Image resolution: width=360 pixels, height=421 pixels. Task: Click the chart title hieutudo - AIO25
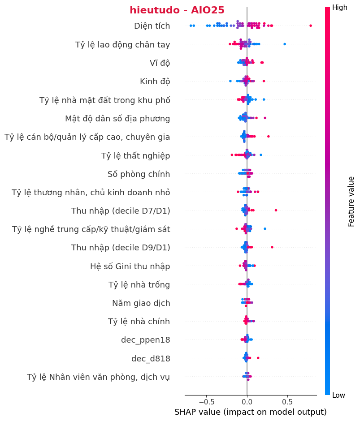tap(177, 10)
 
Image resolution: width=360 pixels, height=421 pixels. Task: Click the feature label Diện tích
tap(152, 26)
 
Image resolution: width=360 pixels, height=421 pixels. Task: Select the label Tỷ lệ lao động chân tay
tap(122, 44)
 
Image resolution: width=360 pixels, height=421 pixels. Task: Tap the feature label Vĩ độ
tap(160, 63)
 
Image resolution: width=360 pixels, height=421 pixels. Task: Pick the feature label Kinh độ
tap(155, 82)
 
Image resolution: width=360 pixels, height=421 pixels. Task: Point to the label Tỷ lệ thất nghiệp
tap(135, 156)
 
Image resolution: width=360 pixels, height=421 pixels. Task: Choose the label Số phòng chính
tap(139, 174)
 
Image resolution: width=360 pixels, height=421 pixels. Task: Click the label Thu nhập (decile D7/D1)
tap(121, 211)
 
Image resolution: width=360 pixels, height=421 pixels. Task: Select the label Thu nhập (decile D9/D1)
tap(121, 248)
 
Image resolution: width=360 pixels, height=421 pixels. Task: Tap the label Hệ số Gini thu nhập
tap(130, 266)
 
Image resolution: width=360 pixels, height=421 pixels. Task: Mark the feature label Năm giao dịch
tap(141, 303)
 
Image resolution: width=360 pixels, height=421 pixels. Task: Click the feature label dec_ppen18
tap(145, 340)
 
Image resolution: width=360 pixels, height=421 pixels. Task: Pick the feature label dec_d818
tap(150, 359)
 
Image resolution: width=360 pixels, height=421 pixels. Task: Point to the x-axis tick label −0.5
tap(206, 400)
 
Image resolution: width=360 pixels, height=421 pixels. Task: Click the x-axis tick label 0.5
tap(287, 400)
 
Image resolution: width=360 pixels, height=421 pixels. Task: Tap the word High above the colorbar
tap(339, 8)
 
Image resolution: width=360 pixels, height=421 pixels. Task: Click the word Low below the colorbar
tap(338, 395)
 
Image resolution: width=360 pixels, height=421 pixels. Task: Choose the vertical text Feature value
tap(351, 201)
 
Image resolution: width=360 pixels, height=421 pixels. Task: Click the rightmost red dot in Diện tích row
tap(311, 26)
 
